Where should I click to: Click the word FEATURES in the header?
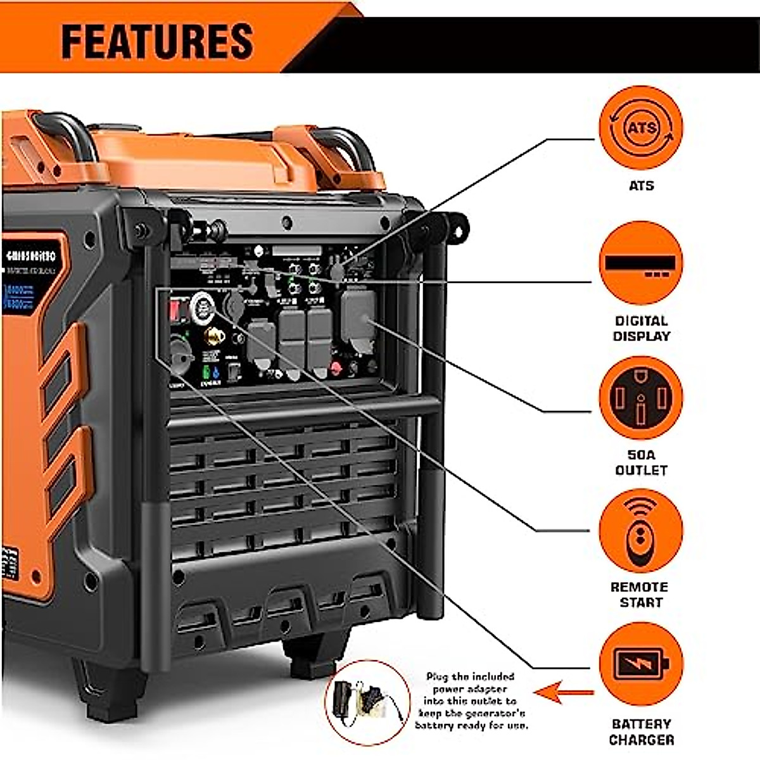point(157,42)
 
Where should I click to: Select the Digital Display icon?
point(641,263)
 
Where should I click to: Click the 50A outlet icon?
point(641,398)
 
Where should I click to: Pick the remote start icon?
point(641,531)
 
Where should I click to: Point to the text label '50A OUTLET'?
point(641,462)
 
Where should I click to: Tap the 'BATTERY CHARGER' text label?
point(641,731)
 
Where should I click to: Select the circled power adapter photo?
point(367,702)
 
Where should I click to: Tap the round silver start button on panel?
point(203,307)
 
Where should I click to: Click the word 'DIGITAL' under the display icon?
point(641,321)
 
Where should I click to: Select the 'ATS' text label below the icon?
point(641,186)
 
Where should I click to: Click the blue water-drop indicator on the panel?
point(217,372)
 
